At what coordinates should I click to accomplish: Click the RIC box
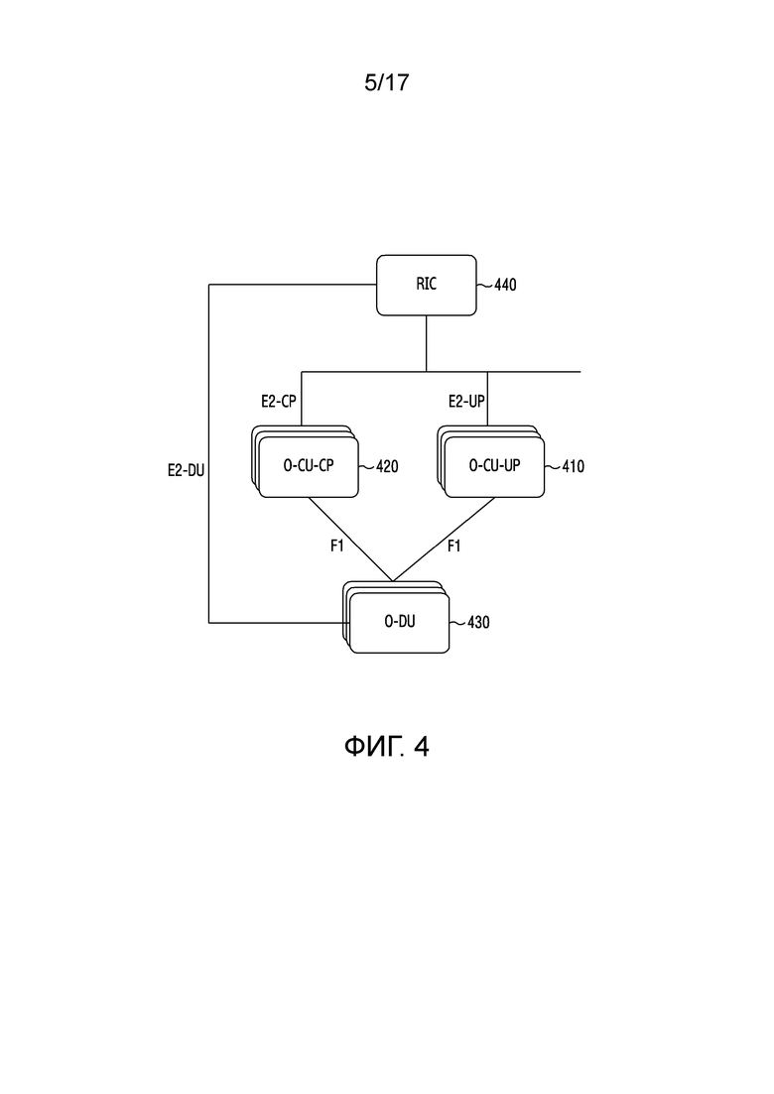point(427,285)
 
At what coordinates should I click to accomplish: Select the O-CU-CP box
point(309,467)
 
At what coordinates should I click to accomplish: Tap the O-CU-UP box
point(494,467)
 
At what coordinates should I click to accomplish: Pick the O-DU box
point(399,622)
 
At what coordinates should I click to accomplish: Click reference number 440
point(505,285)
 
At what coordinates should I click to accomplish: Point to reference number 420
point(387,467)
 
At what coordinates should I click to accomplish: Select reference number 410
point(573,467)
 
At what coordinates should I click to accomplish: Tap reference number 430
point(478,622)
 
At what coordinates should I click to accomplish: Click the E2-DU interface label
point(186,471)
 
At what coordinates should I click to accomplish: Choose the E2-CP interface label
point(279,401)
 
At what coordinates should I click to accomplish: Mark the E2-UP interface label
point(466,401)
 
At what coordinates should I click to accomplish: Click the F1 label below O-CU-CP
point(337,546)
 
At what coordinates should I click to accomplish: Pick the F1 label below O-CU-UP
point(453,546)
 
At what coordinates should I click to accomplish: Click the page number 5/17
point(387,82)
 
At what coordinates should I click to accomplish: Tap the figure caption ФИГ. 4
point(387,747)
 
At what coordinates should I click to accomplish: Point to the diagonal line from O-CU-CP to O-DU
point(350,540)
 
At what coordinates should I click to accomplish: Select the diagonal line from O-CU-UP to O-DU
point(444,540)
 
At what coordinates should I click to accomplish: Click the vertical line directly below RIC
point(427,344)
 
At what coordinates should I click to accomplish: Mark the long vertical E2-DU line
point(208,453)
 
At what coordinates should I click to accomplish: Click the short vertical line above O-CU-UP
point(487,399)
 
